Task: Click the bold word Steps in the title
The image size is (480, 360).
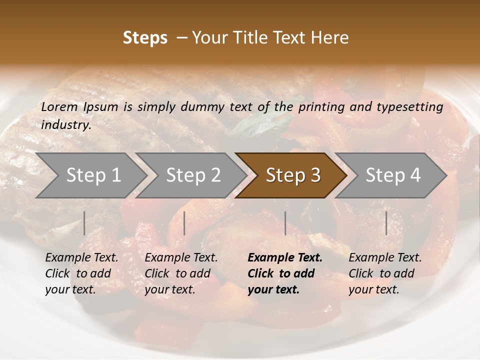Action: [145, 38]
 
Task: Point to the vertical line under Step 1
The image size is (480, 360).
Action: [84, 223]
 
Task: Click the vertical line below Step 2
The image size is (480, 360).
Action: [184, 223]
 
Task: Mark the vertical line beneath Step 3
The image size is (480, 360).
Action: [285, 223]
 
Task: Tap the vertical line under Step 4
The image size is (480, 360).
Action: [386, 223]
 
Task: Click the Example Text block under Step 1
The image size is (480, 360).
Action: [81, 273]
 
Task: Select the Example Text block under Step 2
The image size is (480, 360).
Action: [181, 273]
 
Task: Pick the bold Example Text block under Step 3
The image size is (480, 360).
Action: [285, 273]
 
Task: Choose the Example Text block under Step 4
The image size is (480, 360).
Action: [385, 273]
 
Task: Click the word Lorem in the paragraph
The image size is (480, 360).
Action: [59, 107]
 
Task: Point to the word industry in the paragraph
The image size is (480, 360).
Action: [65, 125]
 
